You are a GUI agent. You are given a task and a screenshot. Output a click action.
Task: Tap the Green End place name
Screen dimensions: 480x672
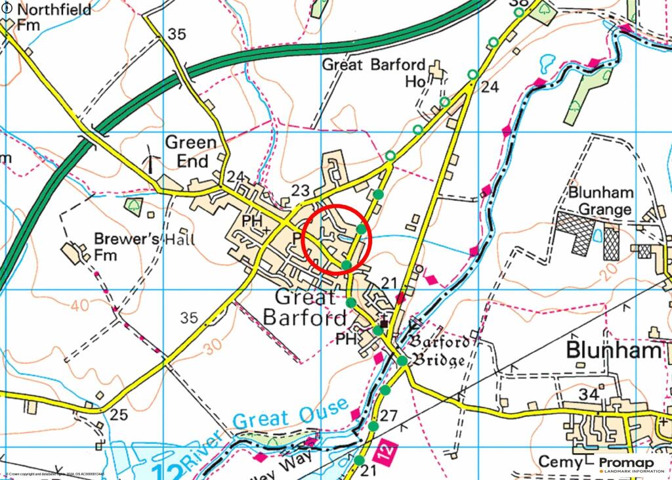point(190,152)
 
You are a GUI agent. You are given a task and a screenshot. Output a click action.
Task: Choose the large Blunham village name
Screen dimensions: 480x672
point(614,351)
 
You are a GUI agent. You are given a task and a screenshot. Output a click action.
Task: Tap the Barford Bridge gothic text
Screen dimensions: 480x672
point(440,351)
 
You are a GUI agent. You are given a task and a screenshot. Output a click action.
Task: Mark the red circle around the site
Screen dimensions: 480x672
point(338,238)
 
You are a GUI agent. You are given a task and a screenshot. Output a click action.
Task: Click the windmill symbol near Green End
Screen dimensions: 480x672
point(151,159)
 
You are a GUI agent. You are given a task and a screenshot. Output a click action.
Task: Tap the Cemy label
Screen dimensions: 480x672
point(560,462)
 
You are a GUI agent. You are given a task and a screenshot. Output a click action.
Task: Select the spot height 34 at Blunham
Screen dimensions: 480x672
point(589,395)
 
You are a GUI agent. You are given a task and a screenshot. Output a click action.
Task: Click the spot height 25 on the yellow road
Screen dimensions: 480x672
point(118,414)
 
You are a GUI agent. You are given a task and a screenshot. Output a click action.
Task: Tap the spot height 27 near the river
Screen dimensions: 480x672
point(388,416)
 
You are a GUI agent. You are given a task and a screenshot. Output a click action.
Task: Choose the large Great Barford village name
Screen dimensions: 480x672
point(305,307)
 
